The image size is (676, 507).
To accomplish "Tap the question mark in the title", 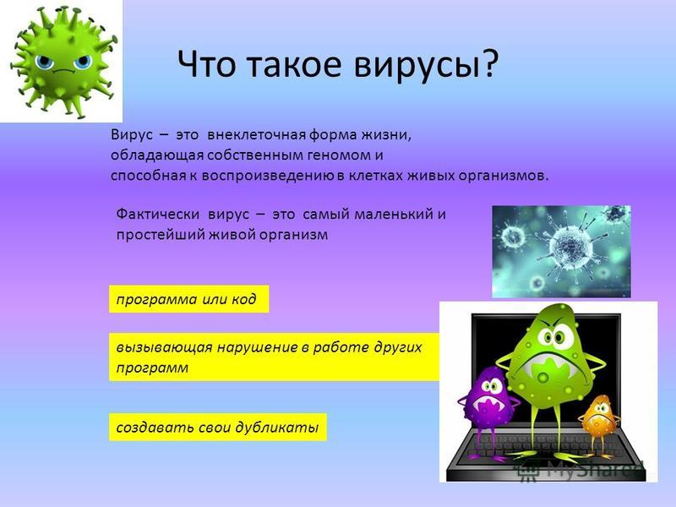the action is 490,63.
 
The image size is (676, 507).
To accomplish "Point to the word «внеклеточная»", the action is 257,135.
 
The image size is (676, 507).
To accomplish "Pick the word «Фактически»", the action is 158,215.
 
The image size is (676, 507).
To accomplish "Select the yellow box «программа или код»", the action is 188,299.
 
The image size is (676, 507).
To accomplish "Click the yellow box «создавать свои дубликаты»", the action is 218,428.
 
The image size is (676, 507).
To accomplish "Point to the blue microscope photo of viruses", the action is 561,251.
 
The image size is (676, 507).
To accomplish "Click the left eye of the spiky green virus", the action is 44,63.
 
